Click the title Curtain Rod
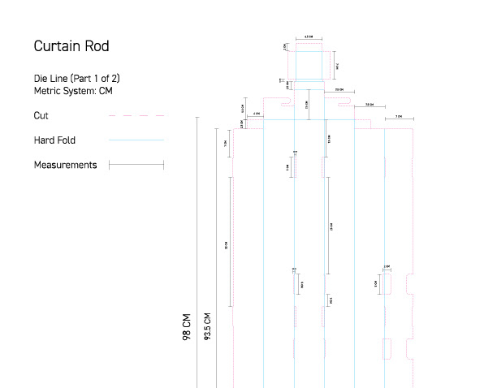71,46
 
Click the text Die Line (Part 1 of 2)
77,78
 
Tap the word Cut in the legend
41,116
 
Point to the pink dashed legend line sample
136,116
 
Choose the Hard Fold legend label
54,140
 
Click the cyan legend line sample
136,140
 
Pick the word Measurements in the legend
65,165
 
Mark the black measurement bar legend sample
136,165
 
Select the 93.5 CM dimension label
207,327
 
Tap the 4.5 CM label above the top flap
309,37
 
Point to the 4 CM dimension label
257,114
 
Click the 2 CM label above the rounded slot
387,266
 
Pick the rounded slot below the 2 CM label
387,284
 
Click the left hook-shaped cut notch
285,104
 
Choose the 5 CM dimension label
287,166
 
